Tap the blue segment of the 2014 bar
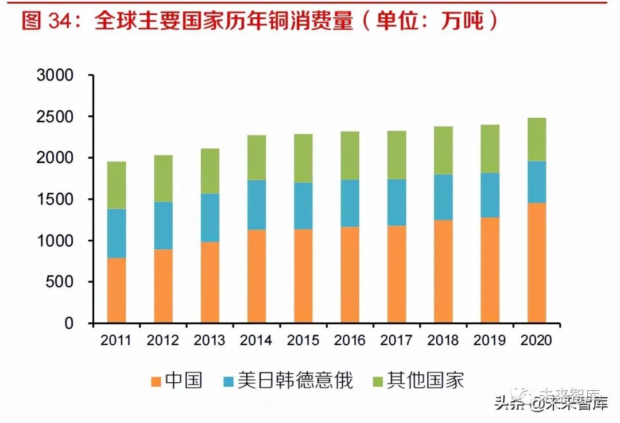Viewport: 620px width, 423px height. coord(257,205)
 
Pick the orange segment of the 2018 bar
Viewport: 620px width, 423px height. coord(443,271)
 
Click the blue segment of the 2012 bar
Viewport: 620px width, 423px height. coord(163,225)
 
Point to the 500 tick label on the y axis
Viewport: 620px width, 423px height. coord(60,282)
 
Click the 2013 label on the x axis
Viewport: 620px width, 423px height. coord(210,340)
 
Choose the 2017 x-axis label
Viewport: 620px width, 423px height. coord(396,340)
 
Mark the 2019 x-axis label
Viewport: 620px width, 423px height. coord(489,340)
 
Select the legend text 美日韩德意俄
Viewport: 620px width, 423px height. coord(295,380)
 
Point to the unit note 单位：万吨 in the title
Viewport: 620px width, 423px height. coord(436,22)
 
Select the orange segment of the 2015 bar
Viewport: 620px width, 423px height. coord(303,276)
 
